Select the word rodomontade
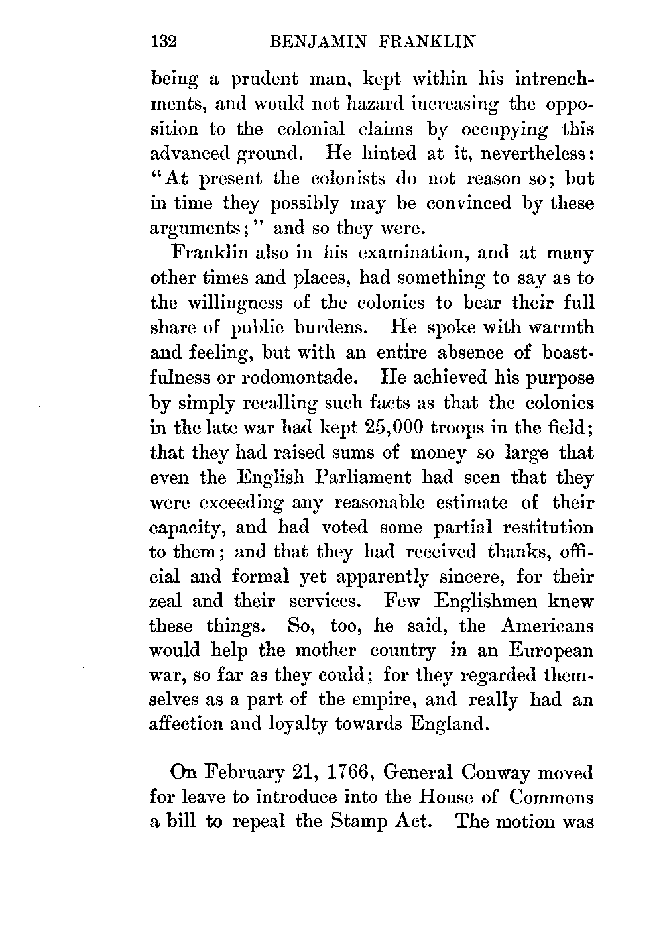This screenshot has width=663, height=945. point(298,378)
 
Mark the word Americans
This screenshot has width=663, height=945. point(547,626)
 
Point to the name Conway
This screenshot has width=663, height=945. point(491,773)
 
